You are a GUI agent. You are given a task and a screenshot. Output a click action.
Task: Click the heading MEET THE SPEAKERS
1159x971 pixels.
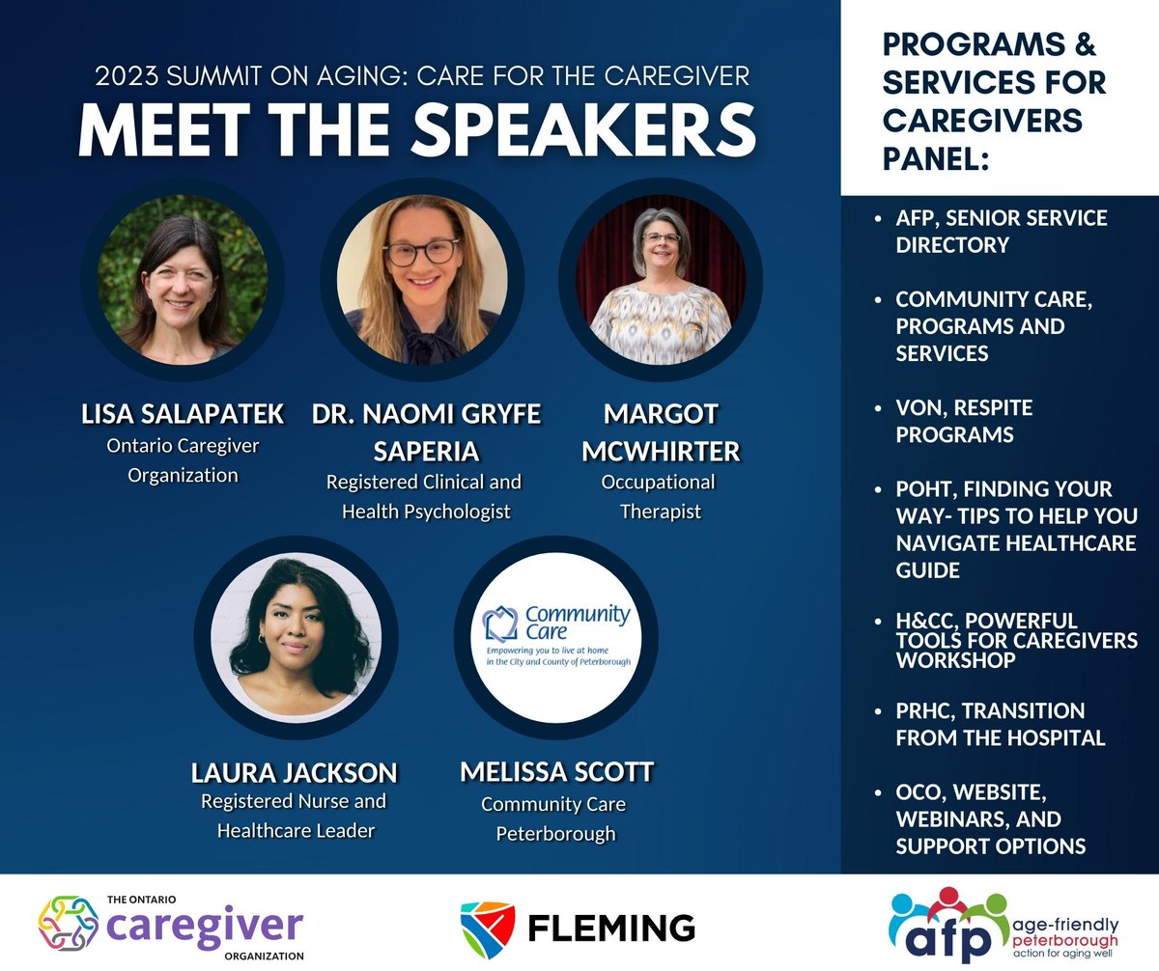click(x=416, y=128)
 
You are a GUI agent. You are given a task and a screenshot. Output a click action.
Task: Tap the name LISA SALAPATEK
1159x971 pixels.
click(x=183, y=414)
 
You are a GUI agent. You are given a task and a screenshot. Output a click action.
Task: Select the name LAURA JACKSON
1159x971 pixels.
click(x=294, y=772)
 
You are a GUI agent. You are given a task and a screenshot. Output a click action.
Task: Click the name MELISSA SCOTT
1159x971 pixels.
click(x=556, y=772)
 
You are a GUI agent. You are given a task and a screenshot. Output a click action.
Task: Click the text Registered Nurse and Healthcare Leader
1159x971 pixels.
click(x=294, y=817)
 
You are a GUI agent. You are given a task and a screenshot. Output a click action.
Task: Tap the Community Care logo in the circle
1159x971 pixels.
click(x=555, y=638)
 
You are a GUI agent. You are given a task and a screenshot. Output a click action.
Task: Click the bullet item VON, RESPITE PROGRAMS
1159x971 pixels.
click(x=964, y=422)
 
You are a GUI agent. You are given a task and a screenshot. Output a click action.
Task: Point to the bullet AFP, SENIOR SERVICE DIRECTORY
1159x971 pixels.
click(x=1001, y=232)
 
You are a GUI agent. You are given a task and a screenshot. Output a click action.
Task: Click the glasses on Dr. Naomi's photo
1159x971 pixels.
click(x=421, y=252)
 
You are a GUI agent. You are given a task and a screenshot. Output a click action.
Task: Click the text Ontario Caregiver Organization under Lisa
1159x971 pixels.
click(x=183, y=460)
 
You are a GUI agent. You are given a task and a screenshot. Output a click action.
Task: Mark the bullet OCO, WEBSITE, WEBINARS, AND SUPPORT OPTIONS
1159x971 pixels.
click(x=990, y=818)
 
